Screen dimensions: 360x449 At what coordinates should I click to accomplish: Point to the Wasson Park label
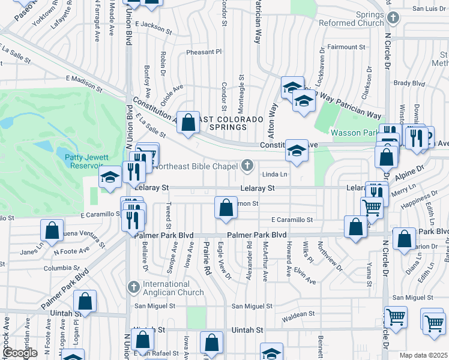354,133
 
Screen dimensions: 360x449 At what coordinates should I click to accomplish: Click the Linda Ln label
276,175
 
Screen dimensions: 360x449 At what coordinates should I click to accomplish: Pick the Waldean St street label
294,314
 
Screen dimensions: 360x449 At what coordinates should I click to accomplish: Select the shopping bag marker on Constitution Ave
188,122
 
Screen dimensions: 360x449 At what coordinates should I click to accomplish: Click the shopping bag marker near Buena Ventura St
52,230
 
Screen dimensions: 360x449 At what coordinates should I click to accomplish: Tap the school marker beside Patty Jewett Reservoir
109,177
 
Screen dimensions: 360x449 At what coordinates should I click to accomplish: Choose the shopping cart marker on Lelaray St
372,208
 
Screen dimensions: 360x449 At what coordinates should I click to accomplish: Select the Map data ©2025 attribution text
423,355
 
